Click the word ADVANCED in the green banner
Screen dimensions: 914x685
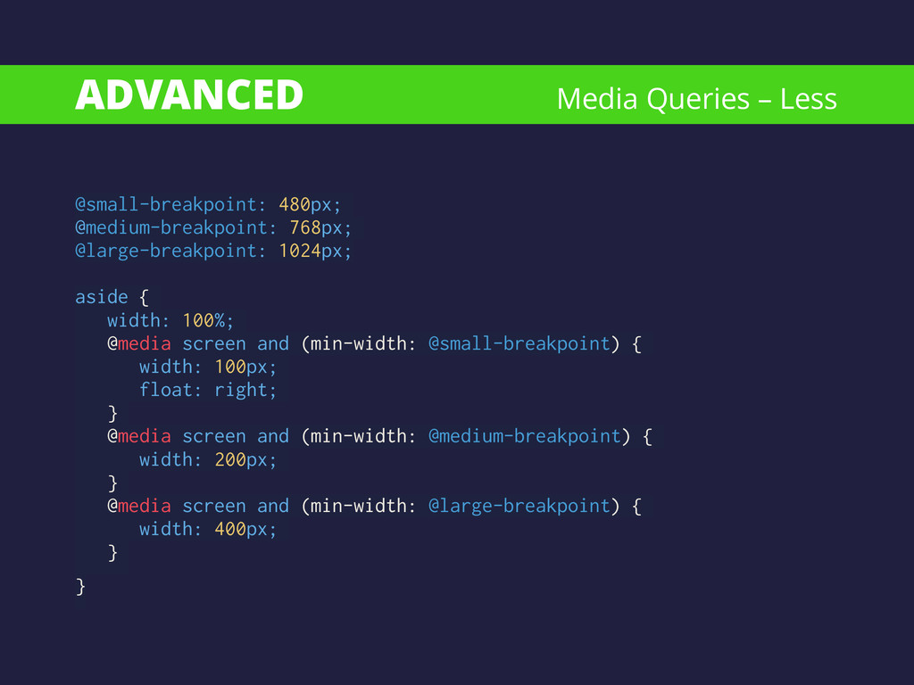pos(189,95)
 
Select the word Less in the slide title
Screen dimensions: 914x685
pos(809,98)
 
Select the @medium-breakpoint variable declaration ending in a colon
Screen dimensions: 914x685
pos(176,227)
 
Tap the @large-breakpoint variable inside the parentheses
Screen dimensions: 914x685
pos(519,507)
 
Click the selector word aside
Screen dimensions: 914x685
pos(102,297)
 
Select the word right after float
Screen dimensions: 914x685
pos(241,391)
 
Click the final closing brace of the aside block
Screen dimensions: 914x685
pos(80,587)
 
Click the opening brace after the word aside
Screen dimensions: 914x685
pos(144,298)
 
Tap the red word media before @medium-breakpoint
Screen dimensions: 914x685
pos(145,436)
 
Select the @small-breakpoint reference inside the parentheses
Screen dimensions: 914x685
pos(519,343)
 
